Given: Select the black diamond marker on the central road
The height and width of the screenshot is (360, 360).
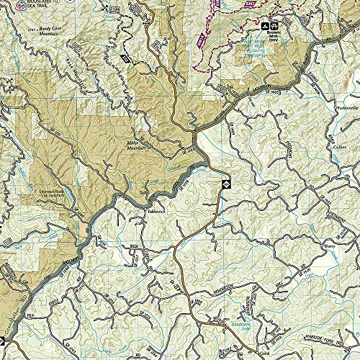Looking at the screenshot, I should [x=225, y=185].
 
